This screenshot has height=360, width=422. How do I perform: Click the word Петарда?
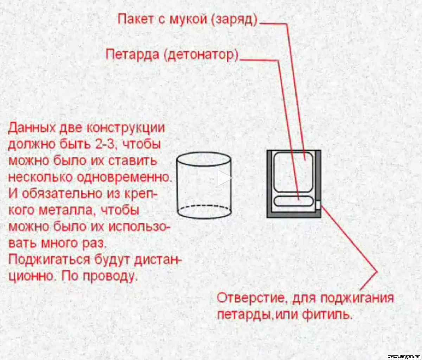pyautogui.click(x=132, y=55)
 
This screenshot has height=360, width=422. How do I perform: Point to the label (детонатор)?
pyautogui.click(x=202, y=55)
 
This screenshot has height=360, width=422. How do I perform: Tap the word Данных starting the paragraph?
pyautogui.click(x=32, y=128)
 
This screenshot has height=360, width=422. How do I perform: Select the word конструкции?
pyautogui.click(x=126, y=128)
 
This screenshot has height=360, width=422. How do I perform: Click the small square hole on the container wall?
pyautogui.click(x=318, y=205)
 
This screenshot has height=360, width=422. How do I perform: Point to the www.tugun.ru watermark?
pyautogui.click(x=404, y=356)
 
